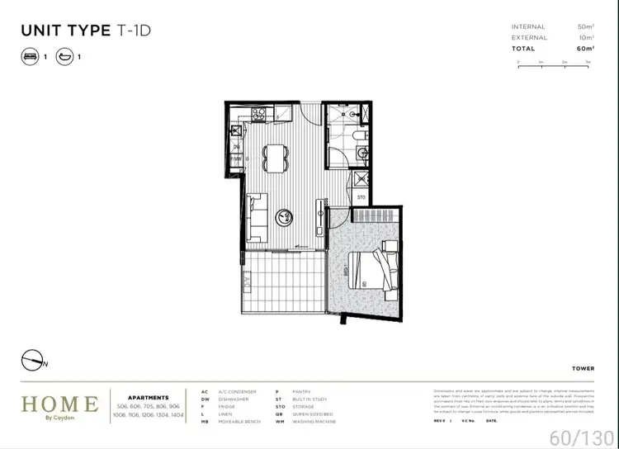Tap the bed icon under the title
[x=29, y=57]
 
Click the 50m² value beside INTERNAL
[x=586, y=27]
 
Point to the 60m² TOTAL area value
[x=586, y=49]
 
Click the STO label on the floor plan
[x=361, y=198]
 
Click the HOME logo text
[x=59, y=404]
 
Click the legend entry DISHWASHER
[x=234, y=399]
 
